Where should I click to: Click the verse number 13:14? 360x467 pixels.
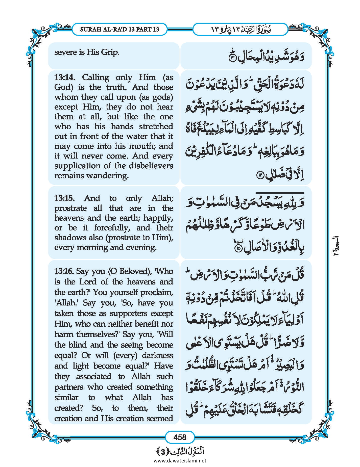(x=64, y=77)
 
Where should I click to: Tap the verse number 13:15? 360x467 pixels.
(x=64, y=198)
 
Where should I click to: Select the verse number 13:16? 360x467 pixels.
(x=64, y=271)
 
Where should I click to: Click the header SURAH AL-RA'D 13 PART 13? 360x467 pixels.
(x=119, y=29)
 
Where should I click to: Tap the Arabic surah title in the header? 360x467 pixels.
(x=240, y=29)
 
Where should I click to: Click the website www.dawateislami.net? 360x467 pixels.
(x=180, y=460)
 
